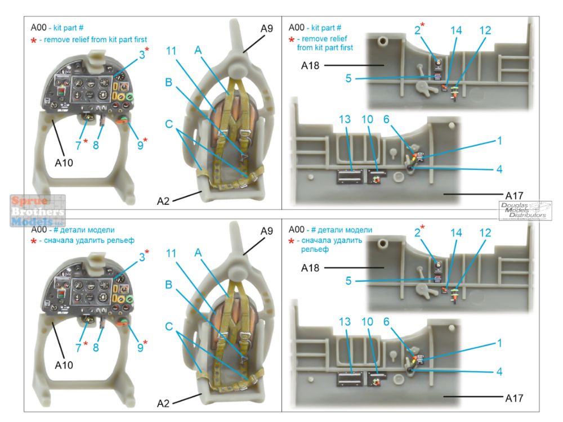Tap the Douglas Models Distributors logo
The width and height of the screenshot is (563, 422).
click(525, 210)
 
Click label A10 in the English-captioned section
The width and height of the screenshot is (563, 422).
click(64, 163)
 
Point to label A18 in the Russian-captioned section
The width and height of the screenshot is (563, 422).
click(310, 268)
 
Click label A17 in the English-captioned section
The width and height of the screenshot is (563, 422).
click(515, 195)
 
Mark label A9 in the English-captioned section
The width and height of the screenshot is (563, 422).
click(266, 28)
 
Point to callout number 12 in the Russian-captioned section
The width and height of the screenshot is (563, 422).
click(484, 232)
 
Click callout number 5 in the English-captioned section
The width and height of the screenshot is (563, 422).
click(348, 79)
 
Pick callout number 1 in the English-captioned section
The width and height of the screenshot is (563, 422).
click(499, 140)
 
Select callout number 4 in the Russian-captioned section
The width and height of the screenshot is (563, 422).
click(499, 371)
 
